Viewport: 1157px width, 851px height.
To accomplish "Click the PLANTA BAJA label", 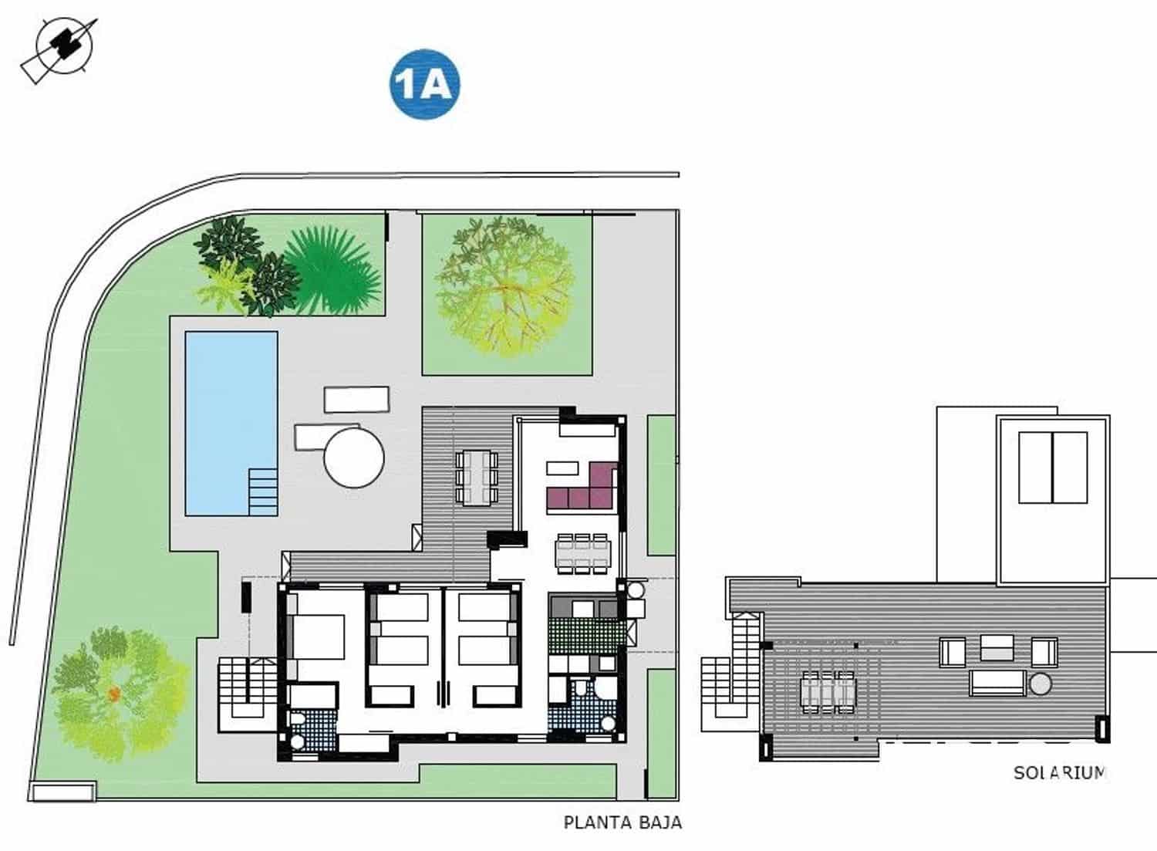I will pos(622,822).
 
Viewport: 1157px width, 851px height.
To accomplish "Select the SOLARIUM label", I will pos(1059,772).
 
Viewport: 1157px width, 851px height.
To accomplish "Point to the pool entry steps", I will pos(263,491).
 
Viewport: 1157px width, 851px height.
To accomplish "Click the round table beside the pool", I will pos(354,458).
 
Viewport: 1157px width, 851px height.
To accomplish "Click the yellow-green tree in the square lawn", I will pos(505,286).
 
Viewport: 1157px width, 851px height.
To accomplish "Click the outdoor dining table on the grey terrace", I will pos(477,477).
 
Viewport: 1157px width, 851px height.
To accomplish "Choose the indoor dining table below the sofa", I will pos(582,553).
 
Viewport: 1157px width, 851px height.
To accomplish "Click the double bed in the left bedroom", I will pos(316,636).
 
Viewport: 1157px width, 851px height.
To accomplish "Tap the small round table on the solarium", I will pos(1041,684).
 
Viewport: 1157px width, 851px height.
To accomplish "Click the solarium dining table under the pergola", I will pos(828,691).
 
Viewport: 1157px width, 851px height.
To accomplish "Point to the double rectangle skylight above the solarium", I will pos(1053,468).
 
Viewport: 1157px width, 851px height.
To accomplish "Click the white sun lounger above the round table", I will pos(356,400).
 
